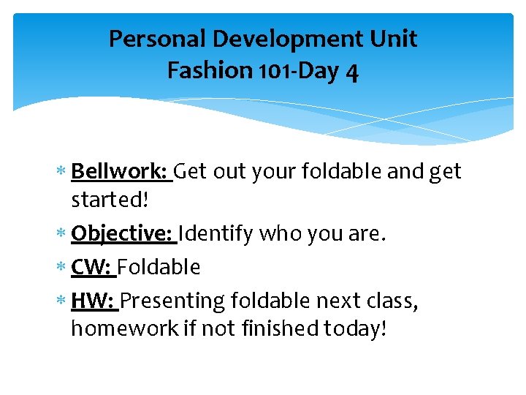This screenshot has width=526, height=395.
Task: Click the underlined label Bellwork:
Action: (121, 171)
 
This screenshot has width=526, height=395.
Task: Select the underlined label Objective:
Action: (123, 234)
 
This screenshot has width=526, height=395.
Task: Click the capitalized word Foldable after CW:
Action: (159, 267)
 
